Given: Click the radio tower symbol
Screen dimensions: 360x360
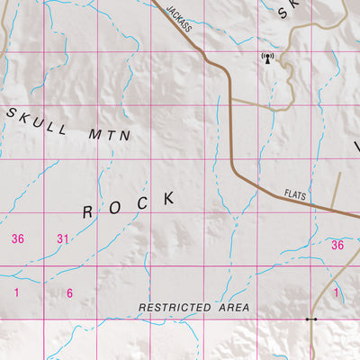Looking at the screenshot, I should (266, 59).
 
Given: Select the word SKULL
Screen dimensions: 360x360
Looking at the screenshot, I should (37, 121).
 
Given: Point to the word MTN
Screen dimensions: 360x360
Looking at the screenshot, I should (111, 134).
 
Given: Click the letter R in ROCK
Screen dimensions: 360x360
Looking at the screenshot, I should (88, 212).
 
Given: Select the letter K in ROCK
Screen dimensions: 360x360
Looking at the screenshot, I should (169, 197).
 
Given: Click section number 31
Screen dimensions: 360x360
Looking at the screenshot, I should (63, 238).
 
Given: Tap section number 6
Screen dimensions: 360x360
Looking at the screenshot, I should (69, 292).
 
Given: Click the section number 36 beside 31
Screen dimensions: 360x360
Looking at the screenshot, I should (17, 238).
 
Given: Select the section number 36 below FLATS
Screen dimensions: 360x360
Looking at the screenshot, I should (337, 245).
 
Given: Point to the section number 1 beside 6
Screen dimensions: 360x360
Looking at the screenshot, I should (16, 292).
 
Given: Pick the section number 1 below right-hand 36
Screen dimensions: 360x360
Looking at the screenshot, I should (337, 292).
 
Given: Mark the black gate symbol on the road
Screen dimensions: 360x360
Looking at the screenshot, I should (310, 319).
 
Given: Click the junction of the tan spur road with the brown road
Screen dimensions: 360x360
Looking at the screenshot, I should (232, 99).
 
